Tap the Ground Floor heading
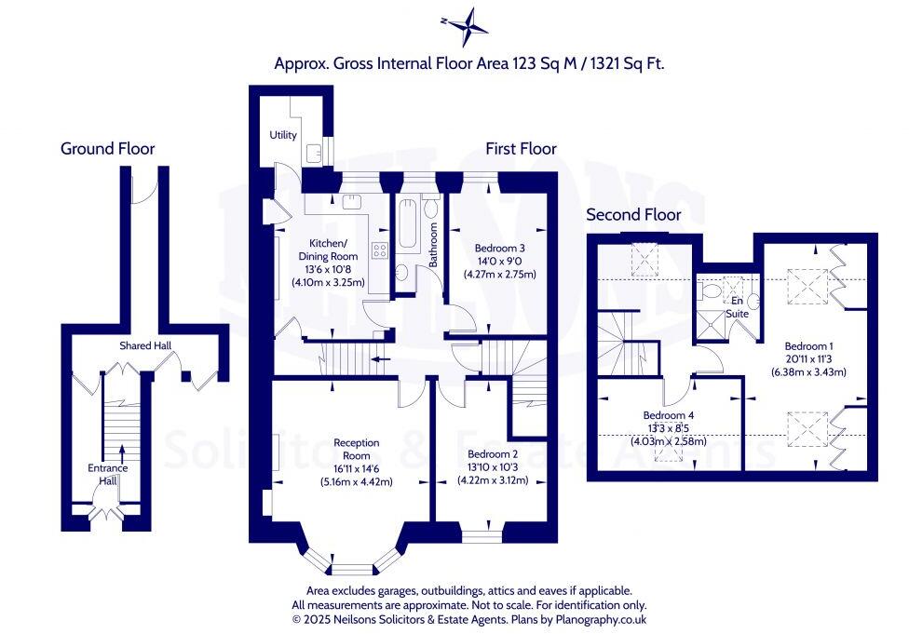click(x=107, y=148)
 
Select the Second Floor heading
click(x=632, y=214)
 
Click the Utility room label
click(x=283, y=135)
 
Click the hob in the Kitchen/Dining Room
click(x=379, y=249)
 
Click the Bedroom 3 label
click(x=500, y=249)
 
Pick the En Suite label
click(x=737, y=307)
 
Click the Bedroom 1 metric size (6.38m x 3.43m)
click(x=807, y=372)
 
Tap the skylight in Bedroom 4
click(x=667, y=451)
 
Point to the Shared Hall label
click(x=145, y=345)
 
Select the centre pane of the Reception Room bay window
click(x=350, y=568)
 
